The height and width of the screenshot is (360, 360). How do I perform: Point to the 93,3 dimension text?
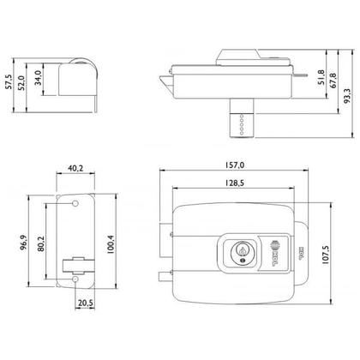coord(345,86)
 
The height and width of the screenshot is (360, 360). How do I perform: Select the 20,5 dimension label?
coord(85,303)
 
